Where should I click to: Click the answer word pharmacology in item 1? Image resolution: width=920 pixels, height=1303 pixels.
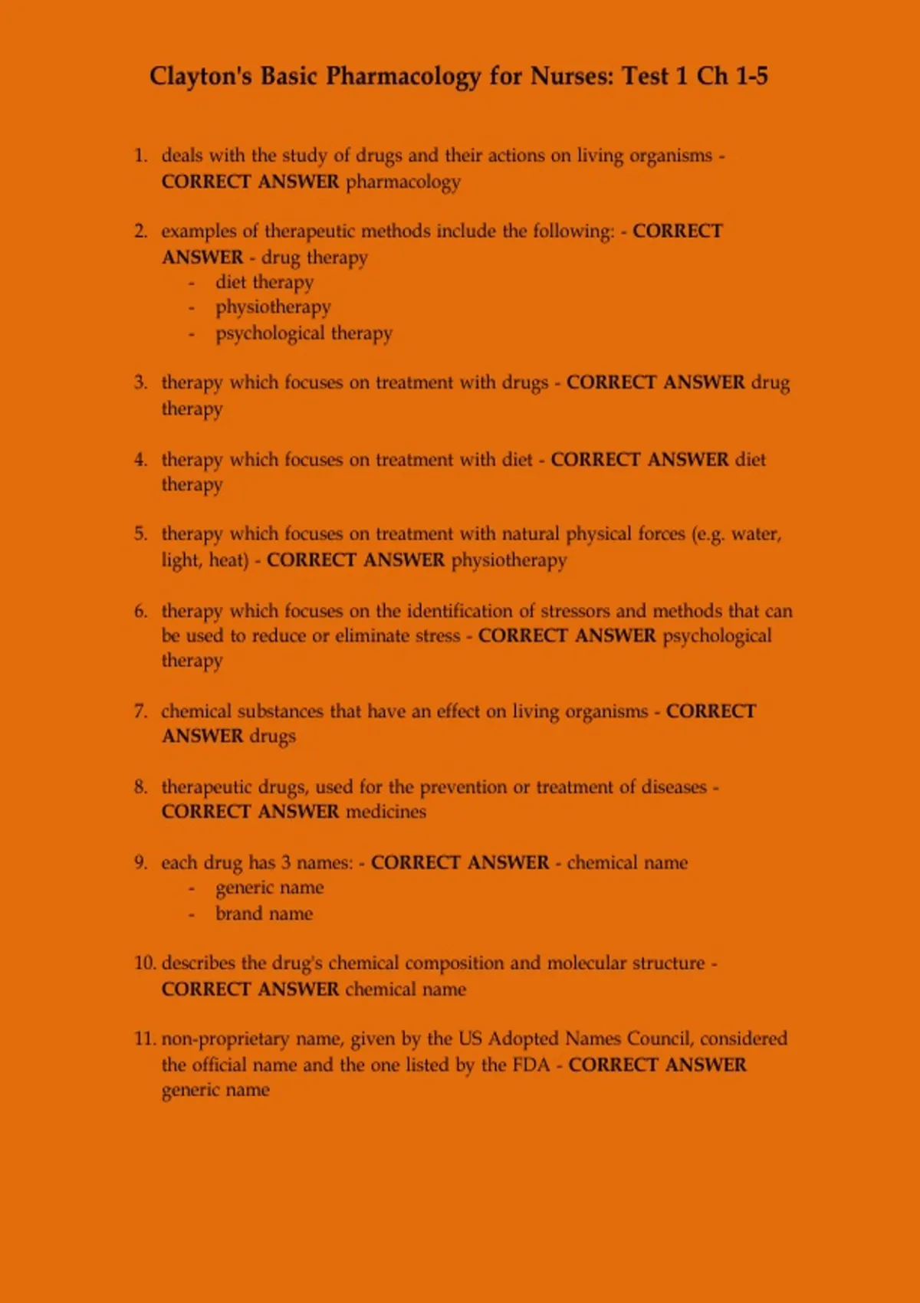click(403, 182)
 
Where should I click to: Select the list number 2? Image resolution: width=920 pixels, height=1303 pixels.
click(140, 231)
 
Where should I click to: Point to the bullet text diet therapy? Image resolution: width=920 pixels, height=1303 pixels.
click(264, 282)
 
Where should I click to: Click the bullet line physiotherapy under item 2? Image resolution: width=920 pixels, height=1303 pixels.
click(273, 307)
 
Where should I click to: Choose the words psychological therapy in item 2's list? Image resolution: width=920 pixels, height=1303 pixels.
click(304, 333)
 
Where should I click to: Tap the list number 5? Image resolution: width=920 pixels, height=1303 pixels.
click(140, 534)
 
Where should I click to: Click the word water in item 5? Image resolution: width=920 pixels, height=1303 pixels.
click(755, 534)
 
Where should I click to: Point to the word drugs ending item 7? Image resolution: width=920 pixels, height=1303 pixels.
click(272, 737)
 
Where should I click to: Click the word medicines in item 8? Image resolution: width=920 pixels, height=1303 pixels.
click(386, 812)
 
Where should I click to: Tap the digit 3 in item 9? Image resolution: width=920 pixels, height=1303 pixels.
click(285, 863)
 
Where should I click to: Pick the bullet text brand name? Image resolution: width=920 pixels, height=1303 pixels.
click(264, 914)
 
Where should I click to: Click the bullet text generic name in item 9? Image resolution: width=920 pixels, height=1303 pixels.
click(270, 888)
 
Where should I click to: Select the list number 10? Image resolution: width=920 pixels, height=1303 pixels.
click(145, 963)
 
